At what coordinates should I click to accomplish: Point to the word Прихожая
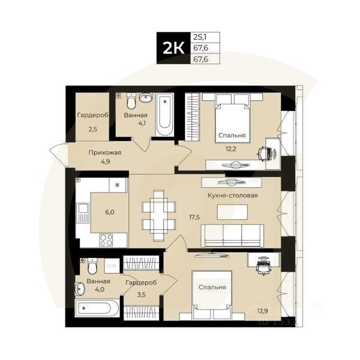tap(104, 152)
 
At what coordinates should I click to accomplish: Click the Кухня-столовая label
tap(232, 195)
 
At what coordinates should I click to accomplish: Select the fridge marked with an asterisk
tap(118, 185)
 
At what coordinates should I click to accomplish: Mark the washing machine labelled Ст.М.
tap(111, 265)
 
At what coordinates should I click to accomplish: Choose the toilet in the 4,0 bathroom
tap(92, 266)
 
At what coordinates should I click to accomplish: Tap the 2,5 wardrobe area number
tap(92, 129)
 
